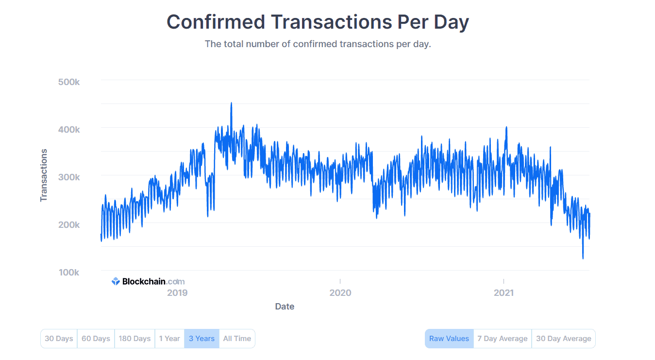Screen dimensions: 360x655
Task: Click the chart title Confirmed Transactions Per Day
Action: [x=318, y=22]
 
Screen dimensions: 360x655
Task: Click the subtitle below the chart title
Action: [x=318, y=44]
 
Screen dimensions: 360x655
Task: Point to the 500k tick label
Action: [x=68, y=82]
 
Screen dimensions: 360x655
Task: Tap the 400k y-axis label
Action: [x=68, y=129]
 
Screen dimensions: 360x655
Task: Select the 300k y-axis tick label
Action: [x=68, y=177]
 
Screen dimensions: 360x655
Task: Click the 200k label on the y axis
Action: [x=68, y=224]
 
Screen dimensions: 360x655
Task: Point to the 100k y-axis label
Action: [x=68, y=272]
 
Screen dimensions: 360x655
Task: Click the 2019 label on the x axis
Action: [x=177, y=293]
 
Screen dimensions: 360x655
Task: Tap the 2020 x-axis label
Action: [x=340, y=293]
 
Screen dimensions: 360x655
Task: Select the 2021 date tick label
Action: [x=504, y=293]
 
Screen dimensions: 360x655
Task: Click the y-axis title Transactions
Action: [x=44, y=175]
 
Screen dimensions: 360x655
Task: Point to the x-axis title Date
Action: [x=285, y=307]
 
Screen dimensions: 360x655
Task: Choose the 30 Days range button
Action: [x=59, y=339]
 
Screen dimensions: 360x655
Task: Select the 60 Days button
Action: [x=96, y=339]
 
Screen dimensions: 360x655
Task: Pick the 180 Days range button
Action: [x=134, y=339]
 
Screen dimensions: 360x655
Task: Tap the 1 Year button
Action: [x=169, y=339]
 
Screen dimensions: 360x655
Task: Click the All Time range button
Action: [x=237, y=339]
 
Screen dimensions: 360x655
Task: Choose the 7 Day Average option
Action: [x=502, y=339]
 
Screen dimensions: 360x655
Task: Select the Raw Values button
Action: [x=449, y=339]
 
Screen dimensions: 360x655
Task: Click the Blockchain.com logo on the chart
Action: [x=148, y=281]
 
